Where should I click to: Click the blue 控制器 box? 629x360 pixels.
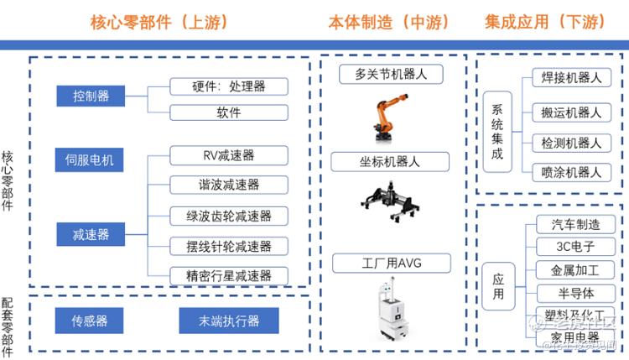click(x=91, y=96)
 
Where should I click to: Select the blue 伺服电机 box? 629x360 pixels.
click(x=91, y=159)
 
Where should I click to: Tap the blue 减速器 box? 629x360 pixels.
click(x=91, y=234)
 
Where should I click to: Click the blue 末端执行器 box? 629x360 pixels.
click(x=229, y=321)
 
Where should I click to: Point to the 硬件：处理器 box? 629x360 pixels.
click(x=229, y=86)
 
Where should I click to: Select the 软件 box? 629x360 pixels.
click(x=229, y=112)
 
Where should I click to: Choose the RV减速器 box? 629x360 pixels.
click(x=229, y=155)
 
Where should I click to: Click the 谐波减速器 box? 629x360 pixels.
click(x=229, y=185)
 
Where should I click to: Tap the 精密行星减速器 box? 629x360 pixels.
click(x=229, y=275)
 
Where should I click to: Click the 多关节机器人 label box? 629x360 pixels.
click(x=392, y=74)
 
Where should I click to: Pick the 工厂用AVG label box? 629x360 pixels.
click(x=392, y=264)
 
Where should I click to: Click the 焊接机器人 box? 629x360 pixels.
click(x=572, y=79)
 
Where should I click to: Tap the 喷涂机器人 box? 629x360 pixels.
click(x=572, y=172)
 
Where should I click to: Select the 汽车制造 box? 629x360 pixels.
click(x=575, y=225)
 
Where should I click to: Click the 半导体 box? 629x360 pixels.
click(x=575, y=293)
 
